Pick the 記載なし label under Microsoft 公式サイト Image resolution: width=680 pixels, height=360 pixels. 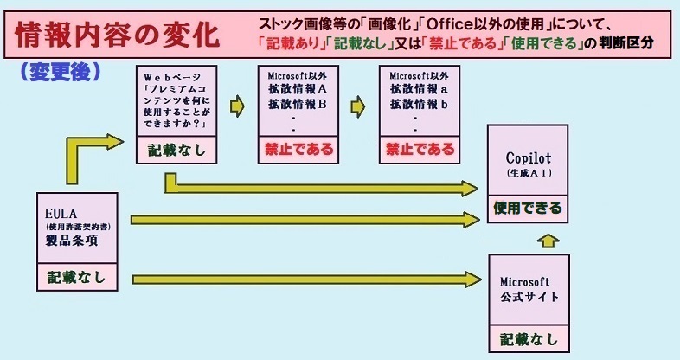coord(529,338)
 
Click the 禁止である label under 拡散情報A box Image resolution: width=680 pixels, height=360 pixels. coord(298,149)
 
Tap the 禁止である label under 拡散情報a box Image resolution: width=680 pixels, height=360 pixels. coord(420,149)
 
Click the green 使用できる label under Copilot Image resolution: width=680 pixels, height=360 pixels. coord(528,208)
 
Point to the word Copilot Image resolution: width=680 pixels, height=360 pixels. coord(528,159)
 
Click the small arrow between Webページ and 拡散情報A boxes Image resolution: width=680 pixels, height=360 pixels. coord(237,106)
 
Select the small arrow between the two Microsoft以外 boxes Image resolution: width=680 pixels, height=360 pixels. coord(358,106)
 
